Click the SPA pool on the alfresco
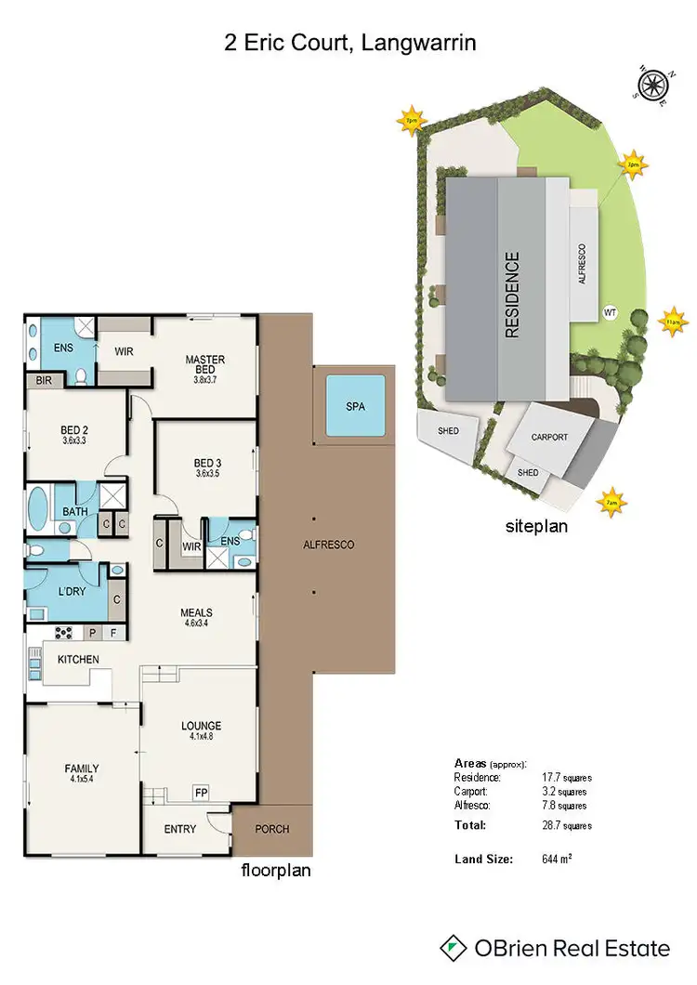pyautogui.click(x=356, y=407)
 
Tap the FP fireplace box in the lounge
pyautogui.click(x=201, y=793)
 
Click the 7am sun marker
pyautogui.click(x=612, y=503)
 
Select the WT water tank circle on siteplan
pyautogui.click(x=611, y=312)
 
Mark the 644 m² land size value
pyautogui.click(x=557, y=860)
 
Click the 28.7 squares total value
pyautogui.click(x=566, y=824)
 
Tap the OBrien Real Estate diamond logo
pyautogui.click(x=453, y=948)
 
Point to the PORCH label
pyautogui.click(x=271, y=829)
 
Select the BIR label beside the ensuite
pyautogui.click(x=43, y=381)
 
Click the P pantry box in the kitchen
pyautogui.click(x=94, y=633)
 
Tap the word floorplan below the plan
pyautogui.click(x=276, y=871)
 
